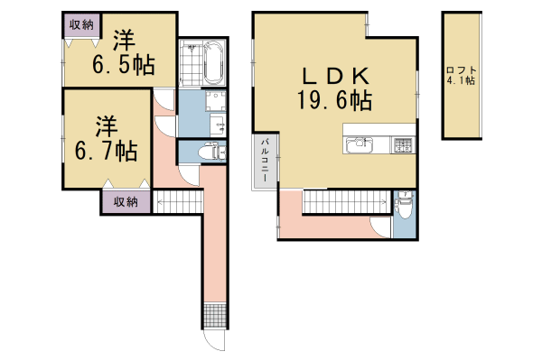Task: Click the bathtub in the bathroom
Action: (214, 64)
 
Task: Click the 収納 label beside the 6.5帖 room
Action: (80, 25)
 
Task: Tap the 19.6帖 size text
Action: (335, 101)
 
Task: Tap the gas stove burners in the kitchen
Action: (401, 144)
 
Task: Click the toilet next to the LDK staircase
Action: (404, 208)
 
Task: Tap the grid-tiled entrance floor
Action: (214, 316)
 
